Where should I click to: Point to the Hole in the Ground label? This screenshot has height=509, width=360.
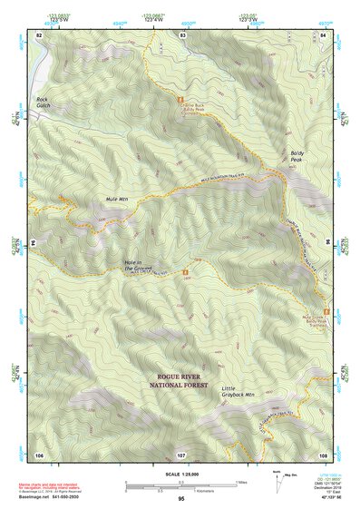140,265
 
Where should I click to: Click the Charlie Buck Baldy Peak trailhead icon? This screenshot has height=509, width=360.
182,98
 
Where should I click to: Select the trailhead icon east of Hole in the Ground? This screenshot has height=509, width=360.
186,271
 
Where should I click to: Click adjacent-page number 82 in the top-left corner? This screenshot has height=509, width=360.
38,34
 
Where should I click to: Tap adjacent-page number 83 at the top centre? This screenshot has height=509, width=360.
182,34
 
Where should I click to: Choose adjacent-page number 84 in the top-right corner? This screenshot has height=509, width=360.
324,34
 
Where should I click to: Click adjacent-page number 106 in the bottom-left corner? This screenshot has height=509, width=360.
38,454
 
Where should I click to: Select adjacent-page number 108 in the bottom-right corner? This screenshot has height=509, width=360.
324,454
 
